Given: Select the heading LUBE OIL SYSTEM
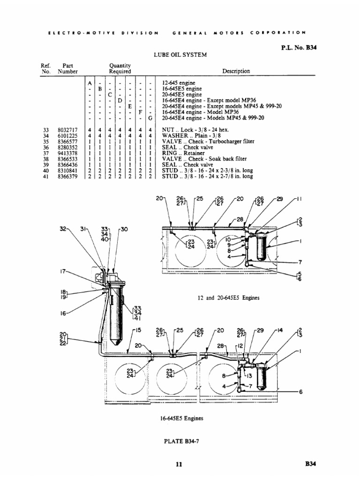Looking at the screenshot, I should pyautogui.click(x=180, y=55).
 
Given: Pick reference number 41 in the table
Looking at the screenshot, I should pyautogui.click(x=45, y=176).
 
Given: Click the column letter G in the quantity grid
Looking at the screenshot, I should pyautogui.click(x=150, y=118).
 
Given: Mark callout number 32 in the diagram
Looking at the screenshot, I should pyautogui.click(x=64, y=229).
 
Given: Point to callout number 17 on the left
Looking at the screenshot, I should pyautogui.click(x=62, y=270).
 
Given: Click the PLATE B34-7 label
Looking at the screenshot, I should pyautogui.click(x=180, y=440).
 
